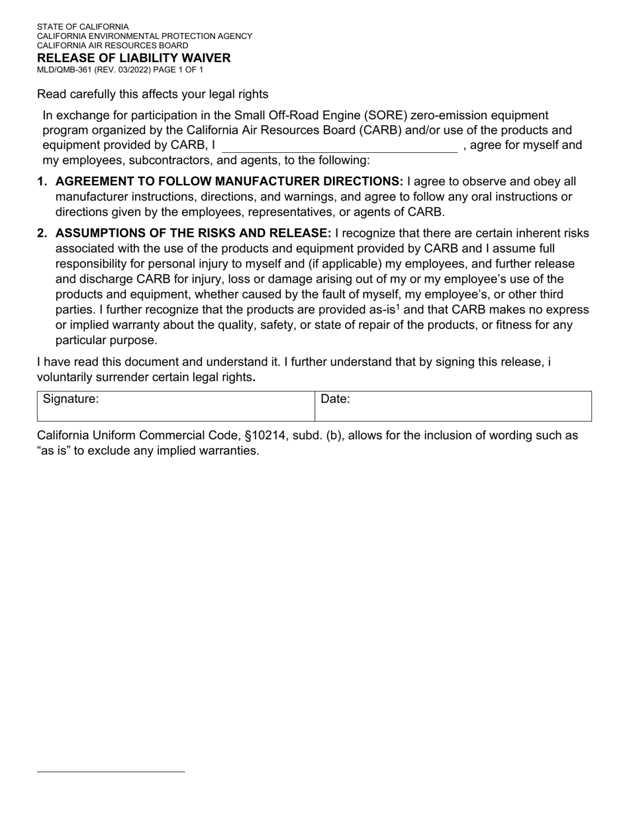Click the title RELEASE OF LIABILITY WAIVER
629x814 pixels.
pyautogui.click(x=134, y=58)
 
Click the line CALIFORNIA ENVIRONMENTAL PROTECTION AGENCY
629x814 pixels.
pyautogui.click(x=144, y=36)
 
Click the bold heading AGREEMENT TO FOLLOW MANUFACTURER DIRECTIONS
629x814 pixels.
pyautogui.click(x=229, y=182)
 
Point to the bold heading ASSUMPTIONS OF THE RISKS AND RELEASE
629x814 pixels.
pyautogui.click(x=193, y=234)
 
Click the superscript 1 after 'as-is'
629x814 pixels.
pyautogui.click(x=398, y=306)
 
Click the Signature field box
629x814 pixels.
pyautogui.click(x=175, y=406)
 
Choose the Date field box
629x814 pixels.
pyautogui.click(x=453, y=406)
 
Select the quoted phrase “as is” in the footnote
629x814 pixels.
pyautogui.click(x=54, y=451)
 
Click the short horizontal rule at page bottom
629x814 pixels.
pyautogui.click(x=111, y=772)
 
